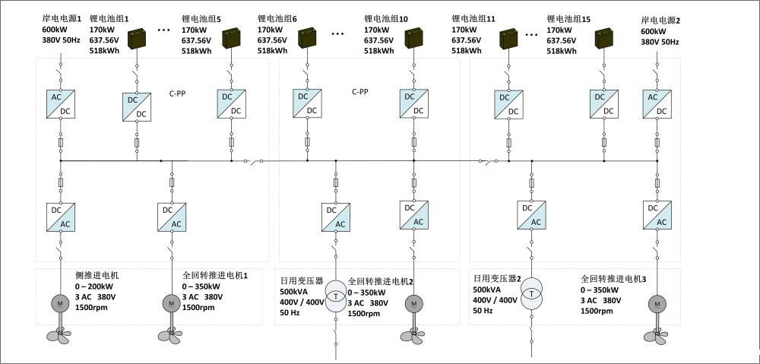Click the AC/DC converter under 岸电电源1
[x=61, y=104]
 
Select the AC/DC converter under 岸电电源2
[x=657, y=104]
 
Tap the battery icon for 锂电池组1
[x=137, y=39]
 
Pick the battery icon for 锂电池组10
[x=414, y=38]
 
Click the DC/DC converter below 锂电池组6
[x=307, y=103]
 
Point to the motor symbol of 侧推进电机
[x=61, y=303]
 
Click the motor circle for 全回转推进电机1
[x=172, y=303]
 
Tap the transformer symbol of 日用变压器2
[x=532, y=294]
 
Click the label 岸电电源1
[x=62, y=20]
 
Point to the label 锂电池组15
[x=568, y=20]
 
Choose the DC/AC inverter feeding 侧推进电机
[x=61, y=217]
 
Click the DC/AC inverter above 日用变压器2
[x=532, y=215]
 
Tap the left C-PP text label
[x=177, y=94]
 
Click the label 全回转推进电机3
[x=613, y=279]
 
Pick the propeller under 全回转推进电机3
[x=657, y=336]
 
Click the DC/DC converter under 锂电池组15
[x=604, y=103]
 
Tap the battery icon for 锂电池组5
[x=231, y=39]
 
